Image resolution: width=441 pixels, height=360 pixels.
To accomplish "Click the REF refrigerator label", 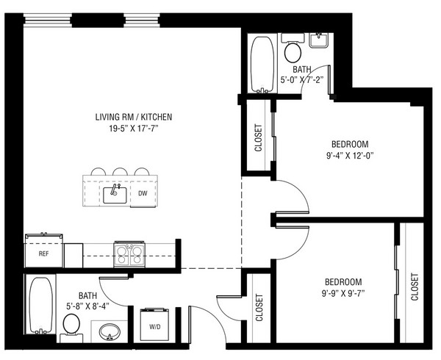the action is pos(43,253).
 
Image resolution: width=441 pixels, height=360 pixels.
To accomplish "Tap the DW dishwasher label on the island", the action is pos(143,193).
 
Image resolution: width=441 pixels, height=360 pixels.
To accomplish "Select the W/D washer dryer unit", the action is pos(154,325).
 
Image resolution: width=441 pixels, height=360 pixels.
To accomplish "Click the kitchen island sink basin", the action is pos(115,195).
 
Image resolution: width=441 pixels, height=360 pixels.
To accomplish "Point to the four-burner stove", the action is pos(129,254).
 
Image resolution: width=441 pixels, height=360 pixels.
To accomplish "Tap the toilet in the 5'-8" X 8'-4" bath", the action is pos(71,328).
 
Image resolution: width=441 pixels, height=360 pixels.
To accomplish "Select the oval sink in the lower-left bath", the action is pos(110,331).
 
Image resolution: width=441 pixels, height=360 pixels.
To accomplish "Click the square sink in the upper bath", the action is pos(319,40).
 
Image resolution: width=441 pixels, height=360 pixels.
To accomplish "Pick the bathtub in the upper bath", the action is pos(262,65).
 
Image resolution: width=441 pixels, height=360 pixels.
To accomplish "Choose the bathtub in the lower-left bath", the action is pos(41,306).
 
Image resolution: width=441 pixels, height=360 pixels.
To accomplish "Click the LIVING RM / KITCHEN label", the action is pos(134,117).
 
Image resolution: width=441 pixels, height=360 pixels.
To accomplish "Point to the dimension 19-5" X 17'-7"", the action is pos(134,129).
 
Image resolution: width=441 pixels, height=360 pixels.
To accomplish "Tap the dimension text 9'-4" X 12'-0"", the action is pos(350,156).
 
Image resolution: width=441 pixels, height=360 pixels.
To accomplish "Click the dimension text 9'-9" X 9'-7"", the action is pos(343,294).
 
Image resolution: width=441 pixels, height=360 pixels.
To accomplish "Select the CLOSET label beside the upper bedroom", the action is pos(258,137).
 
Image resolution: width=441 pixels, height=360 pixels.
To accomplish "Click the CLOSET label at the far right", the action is pos(415,287).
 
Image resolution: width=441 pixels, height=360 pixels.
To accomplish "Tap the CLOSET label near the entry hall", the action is pos(259,307).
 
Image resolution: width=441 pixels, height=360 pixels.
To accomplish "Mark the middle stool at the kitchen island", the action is pos(120,172).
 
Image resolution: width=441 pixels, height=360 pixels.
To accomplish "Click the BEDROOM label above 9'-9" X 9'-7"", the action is pos(343,282).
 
